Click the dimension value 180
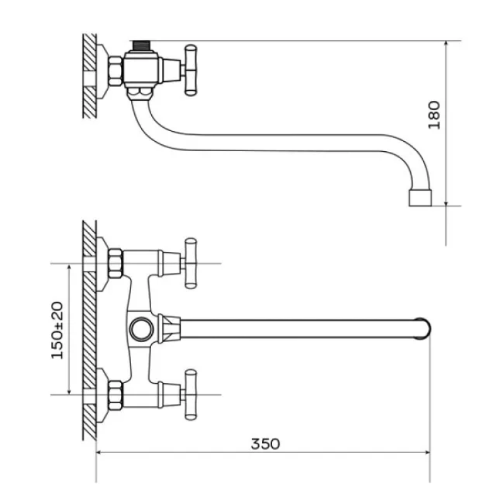[434, 115]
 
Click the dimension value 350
[265, 444]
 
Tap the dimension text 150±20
[57, 330]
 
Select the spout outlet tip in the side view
[420, 198]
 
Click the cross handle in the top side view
[190, 71]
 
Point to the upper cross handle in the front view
[190, 263]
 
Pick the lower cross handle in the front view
[190, 395]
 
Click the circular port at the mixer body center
[141, 329]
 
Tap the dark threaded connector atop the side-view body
[141, 45]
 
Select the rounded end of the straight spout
[423, 328]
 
